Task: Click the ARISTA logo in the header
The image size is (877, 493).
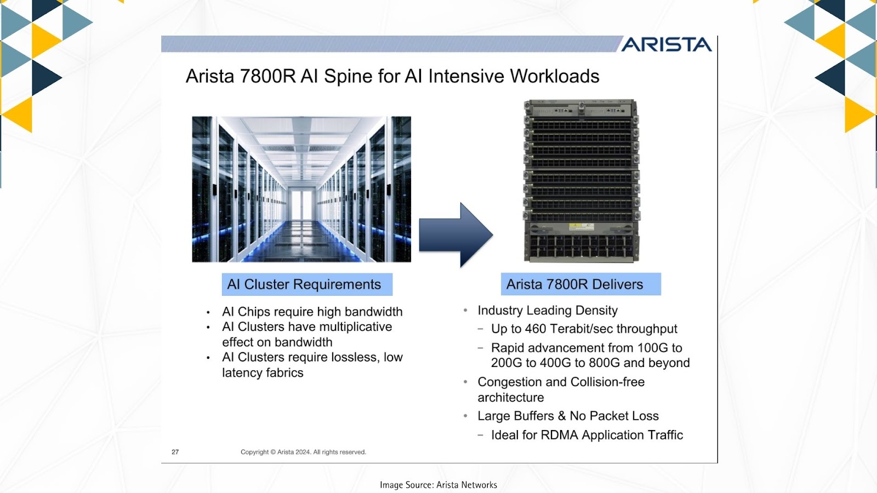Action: click(x=667, y=44)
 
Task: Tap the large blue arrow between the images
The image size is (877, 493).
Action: click(x=456, y=235)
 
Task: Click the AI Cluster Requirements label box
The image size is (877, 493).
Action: click(x=307, y=284)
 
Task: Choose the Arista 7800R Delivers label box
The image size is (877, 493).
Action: click(x=581, y=284)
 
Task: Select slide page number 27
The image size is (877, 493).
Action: click(x=175, y=452)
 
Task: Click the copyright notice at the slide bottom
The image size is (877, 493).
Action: click(x=304, y=452)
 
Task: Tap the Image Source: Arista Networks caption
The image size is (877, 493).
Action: click(x=438, y=485)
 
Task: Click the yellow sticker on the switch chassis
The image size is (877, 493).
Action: click(x=582, y=227)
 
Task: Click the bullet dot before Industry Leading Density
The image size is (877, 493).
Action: click(x=465, y=311)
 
